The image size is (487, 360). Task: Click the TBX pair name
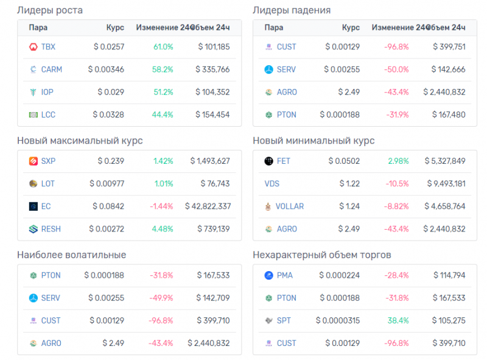coord(48,47)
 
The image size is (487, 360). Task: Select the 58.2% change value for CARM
coord(163,69)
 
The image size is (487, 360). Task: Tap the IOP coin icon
coord(33,92)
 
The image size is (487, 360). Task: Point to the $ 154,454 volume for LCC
coord(214,115)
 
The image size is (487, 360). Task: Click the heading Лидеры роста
coord(50,10)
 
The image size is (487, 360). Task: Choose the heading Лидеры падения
coord(292,10)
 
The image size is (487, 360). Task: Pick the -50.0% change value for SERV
coord(396,69)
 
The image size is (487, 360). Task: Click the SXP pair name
coord(48,161)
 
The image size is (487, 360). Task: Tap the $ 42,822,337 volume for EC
coord(208,206)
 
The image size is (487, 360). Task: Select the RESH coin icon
coord(33,229)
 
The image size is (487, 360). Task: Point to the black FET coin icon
coord(268,161)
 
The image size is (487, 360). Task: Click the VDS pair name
coord(272,183)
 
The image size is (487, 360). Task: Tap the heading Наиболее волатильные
coord(72,255)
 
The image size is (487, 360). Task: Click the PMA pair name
coord(284,275)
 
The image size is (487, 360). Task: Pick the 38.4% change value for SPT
coord(398,320)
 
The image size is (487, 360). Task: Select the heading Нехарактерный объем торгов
coord(321,255)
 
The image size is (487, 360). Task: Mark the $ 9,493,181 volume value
coord(445,183)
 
